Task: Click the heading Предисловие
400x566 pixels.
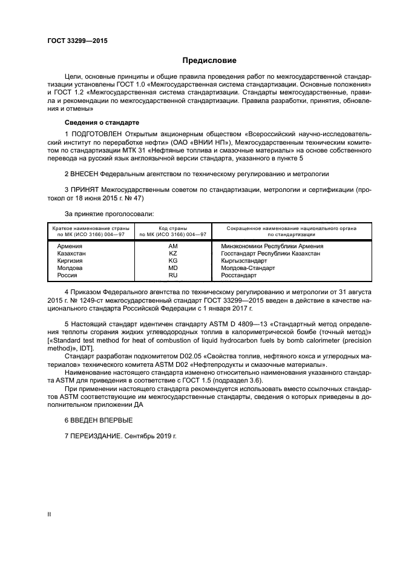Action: [210, 61]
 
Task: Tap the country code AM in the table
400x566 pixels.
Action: [173, 246]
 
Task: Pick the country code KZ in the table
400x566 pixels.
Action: [173, 254]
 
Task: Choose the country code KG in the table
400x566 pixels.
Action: [173, 261]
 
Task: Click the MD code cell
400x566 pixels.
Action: [173, 268]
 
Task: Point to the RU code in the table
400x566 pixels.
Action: [173, 275]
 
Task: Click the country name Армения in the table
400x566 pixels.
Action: [70, 246]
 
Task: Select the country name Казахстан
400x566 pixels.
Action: [72, 254]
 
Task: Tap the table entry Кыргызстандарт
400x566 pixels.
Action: [240, 261]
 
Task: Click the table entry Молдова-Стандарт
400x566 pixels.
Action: [240, 268]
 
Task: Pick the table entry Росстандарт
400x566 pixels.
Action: [235, 275]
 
